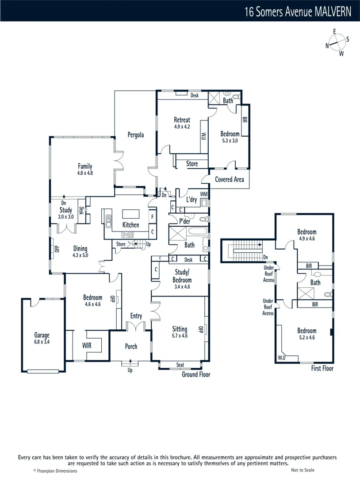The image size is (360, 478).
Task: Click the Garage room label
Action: point(42,335)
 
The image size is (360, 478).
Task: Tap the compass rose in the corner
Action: point(337,42)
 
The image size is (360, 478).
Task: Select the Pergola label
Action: point(136,135)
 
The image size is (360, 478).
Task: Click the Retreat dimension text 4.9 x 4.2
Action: point(182,126)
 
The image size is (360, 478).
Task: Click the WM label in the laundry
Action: point(203,194)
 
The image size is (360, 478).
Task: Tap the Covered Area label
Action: point(230,179)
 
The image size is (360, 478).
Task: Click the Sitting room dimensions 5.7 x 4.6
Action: point(180,335)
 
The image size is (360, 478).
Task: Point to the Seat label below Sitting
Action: point(180,365)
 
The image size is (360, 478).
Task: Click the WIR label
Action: point(87,345)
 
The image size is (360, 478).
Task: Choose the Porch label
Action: point(131,346)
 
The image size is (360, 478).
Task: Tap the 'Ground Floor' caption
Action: point(196,374)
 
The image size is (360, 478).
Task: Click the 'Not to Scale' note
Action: point(303,470)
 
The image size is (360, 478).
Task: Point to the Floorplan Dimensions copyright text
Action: point(55,471)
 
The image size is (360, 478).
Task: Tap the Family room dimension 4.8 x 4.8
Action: point(85,173)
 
